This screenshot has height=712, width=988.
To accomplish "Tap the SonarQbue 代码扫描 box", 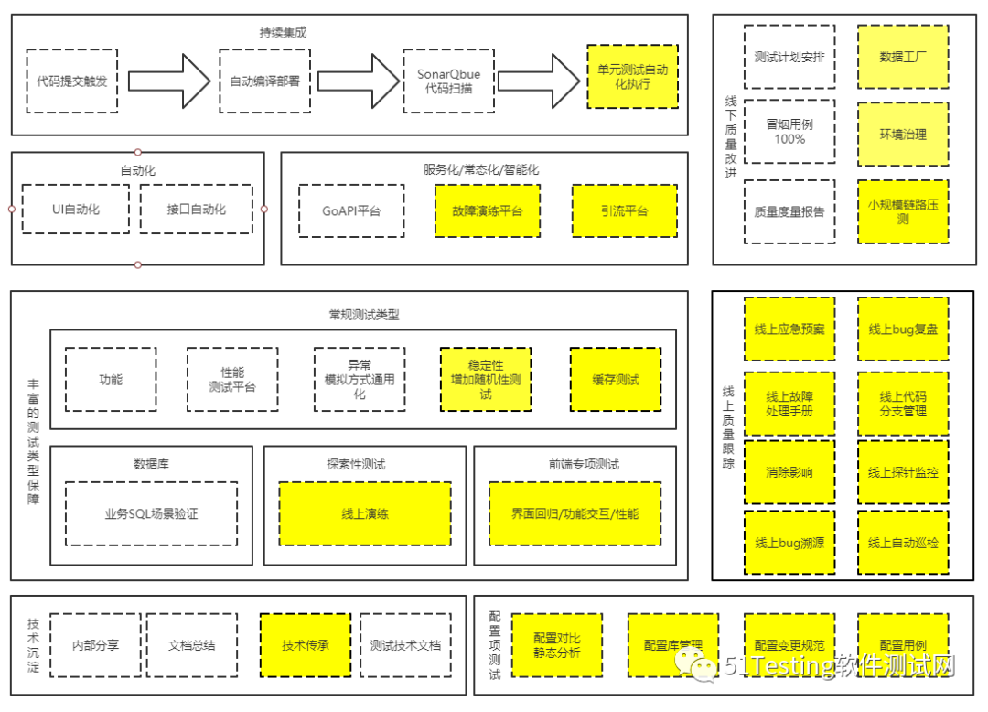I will (x=447, y=81).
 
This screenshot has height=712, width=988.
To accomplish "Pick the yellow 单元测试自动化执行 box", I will (x=632, y=77).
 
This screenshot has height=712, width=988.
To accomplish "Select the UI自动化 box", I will (x=76, y=210).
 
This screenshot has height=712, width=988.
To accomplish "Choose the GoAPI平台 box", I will (x=350, y=211).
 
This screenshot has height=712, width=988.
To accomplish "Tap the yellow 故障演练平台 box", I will (x=488, y=211).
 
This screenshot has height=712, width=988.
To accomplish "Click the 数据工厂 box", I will (x=903, y=57).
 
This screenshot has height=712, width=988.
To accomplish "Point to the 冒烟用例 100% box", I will (x=789, y=132).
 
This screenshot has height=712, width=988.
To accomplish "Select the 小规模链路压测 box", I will (x=903, y=211).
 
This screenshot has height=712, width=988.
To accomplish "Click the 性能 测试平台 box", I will (x=232, y=380).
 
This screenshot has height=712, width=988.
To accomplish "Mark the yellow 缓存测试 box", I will (x=616, y=380).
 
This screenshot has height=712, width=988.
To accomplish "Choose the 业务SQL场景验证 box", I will (x=152, y=513).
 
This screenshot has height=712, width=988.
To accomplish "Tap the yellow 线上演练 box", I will (x=364, y=513).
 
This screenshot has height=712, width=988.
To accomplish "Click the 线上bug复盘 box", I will (x=903, y=329).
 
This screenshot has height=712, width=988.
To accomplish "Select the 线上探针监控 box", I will (x=903, y=472).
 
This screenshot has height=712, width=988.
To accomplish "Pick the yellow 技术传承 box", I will (x=306, y=644).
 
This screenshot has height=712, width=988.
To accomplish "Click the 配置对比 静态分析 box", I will (x=557, y=644).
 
